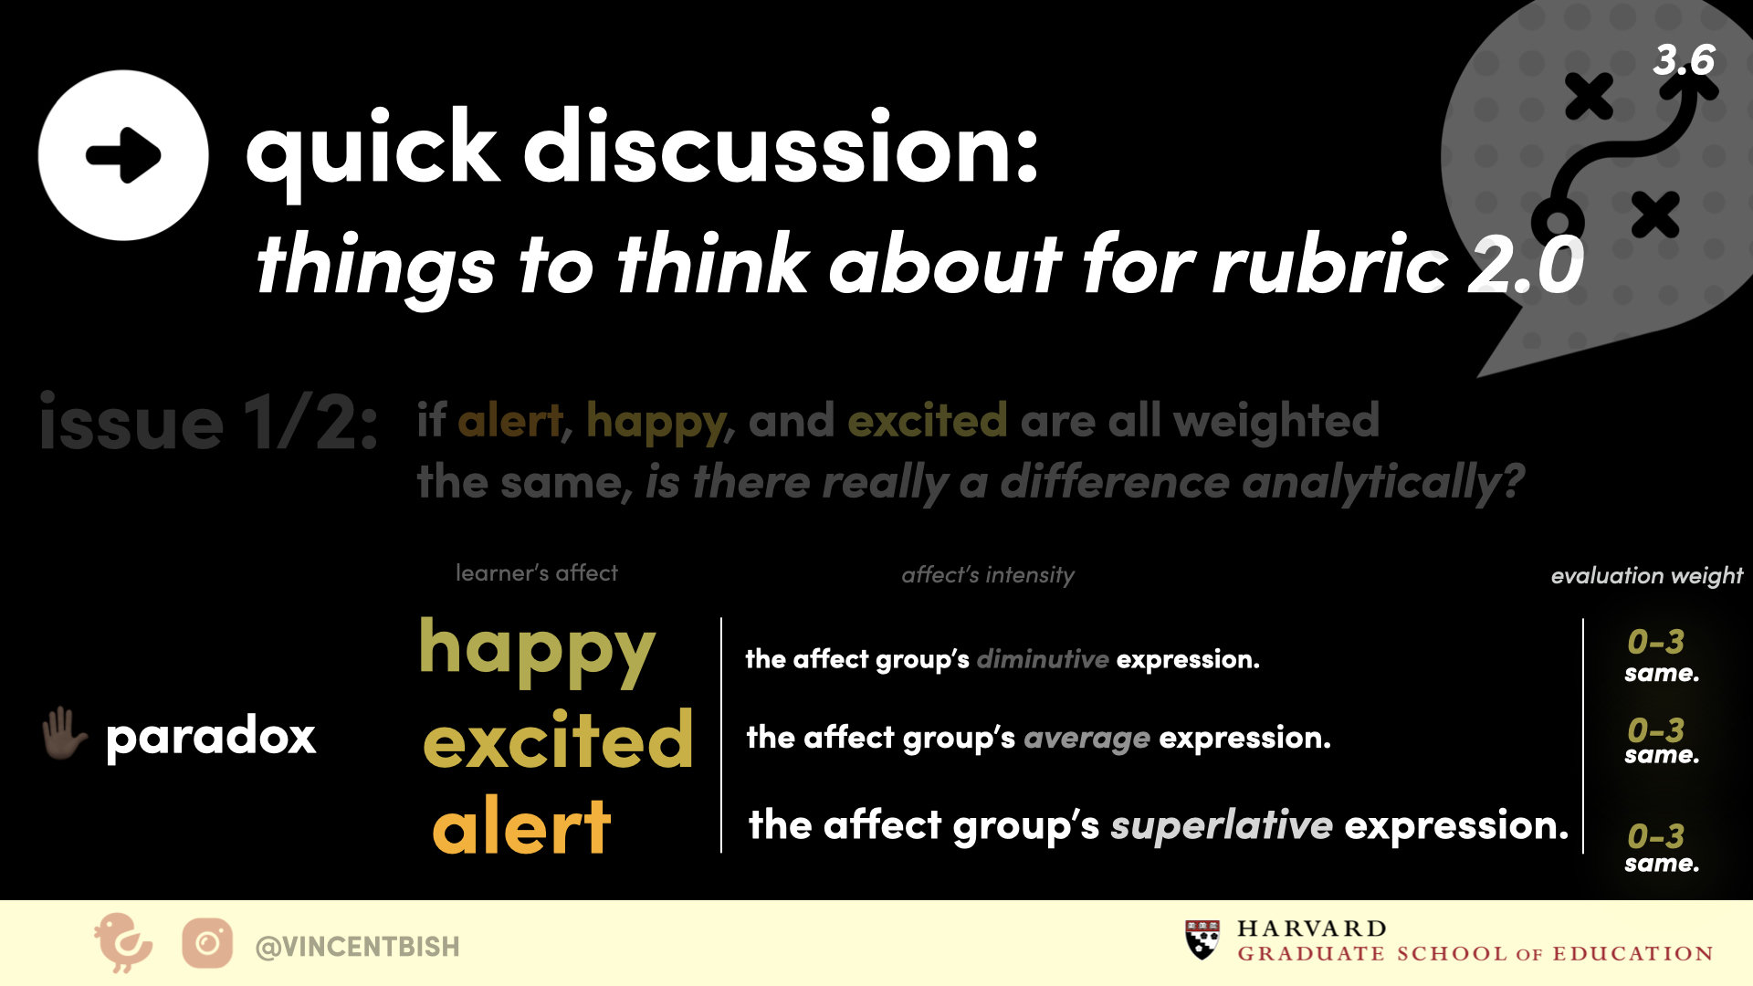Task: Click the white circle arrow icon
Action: pos(123,155)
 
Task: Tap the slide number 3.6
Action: pos(1684,60)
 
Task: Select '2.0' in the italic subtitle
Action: pos(1526,265)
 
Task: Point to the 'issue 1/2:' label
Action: pos(208,423)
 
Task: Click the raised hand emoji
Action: pos(64,734)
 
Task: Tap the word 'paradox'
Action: pos(211,736)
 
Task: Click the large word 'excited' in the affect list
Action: pos(558,739)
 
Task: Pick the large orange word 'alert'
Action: pos(521,825)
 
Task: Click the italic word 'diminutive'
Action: pos(1043,658)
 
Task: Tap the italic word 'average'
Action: pos(1086,738)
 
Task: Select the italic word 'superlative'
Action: pos(1222,825)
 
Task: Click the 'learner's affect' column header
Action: pos(537,572)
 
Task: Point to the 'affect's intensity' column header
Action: pos(988,574)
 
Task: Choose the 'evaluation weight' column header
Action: pos(1646,575)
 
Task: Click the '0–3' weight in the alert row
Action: pos(1655,835)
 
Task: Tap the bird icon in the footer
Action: pos(122,942)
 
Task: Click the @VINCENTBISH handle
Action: pos(357,947)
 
